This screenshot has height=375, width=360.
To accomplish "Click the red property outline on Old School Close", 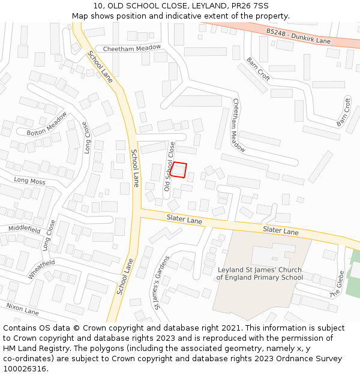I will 179,170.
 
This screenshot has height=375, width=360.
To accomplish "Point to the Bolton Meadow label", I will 47,124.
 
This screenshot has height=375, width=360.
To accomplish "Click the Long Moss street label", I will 29,181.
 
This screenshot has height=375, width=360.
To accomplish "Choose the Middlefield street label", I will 24,229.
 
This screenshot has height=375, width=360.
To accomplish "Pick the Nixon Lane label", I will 22,309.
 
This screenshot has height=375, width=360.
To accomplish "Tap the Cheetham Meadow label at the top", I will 132,48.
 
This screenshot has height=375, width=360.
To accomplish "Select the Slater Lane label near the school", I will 280,231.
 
